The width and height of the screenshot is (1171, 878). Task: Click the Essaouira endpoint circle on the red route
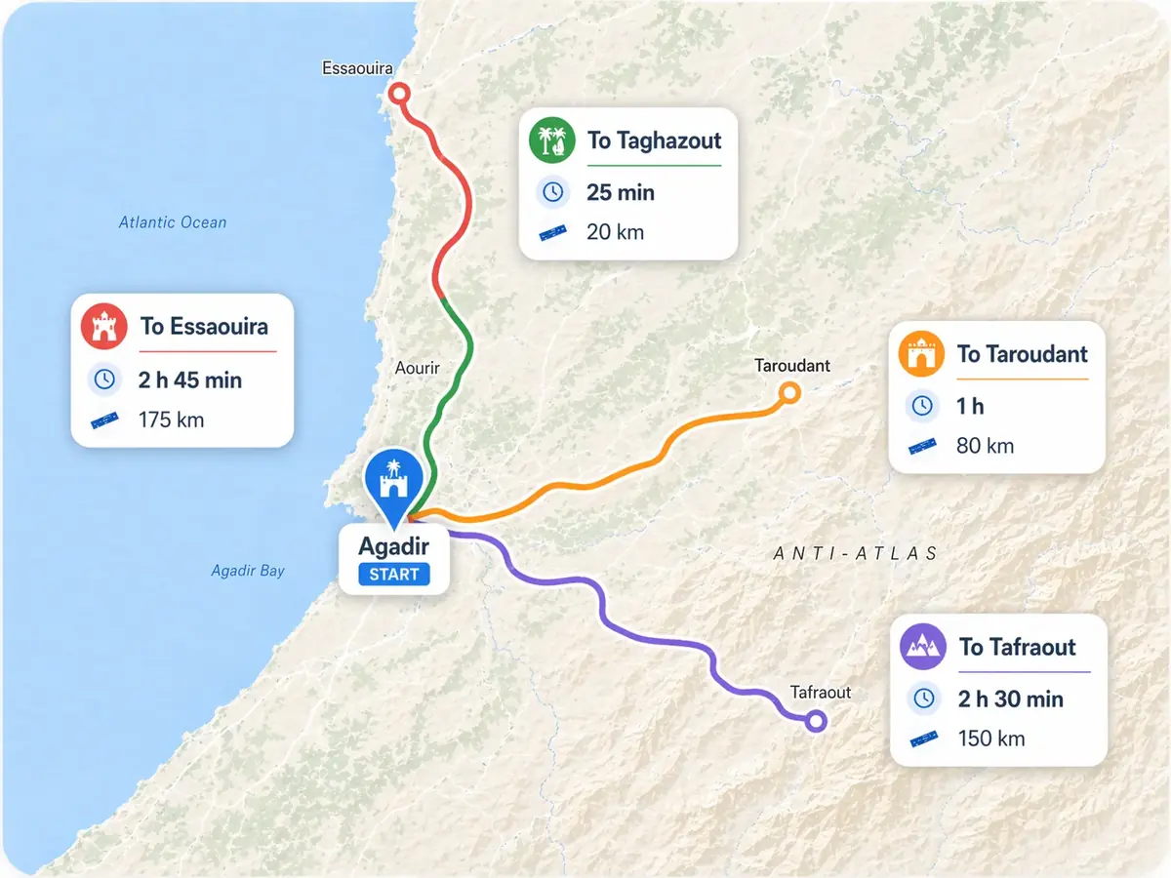click(x=399, y=94)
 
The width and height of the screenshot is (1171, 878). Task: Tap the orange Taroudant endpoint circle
click(x=789, y=393)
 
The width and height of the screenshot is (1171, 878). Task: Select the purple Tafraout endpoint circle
click(x=816, y=721)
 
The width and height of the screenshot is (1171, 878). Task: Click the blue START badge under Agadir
click(x=394, y=574)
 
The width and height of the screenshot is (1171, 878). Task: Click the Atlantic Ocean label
click(x=173, y=222)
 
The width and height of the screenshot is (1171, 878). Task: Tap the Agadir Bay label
click(x=248, y=570)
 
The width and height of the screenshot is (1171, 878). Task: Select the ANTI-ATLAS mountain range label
click(x=856, y=553)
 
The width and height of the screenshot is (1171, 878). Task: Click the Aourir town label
click(x=418, y=368)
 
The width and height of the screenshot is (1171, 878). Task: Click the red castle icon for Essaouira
click(x=104, y=326)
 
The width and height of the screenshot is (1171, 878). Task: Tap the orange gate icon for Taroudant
click(x=922, y=353)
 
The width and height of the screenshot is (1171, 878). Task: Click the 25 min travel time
click(x=621, y=192)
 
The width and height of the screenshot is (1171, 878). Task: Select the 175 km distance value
click(x=173, y=420)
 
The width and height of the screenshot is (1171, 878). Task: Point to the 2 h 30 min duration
click(x=1010, y=698)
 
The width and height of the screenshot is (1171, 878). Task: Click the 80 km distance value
click(x=985, y=446)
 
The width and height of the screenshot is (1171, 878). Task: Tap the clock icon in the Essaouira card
click(x=104, y=379)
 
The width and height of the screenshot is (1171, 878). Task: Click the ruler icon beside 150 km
click(x=923, y=738)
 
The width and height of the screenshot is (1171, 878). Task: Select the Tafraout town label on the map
click(x=821, y=692)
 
